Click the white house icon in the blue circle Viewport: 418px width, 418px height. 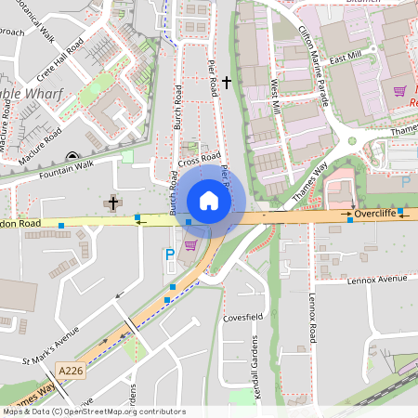209,201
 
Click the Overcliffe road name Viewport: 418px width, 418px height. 374,213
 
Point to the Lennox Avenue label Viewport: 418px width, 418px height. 378,279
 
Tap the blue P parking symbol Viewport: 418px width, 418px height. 169,254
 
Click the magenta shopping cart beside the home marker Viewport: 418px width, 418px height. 190,245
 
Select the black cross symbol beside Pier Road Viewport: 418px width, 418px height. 226,83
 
